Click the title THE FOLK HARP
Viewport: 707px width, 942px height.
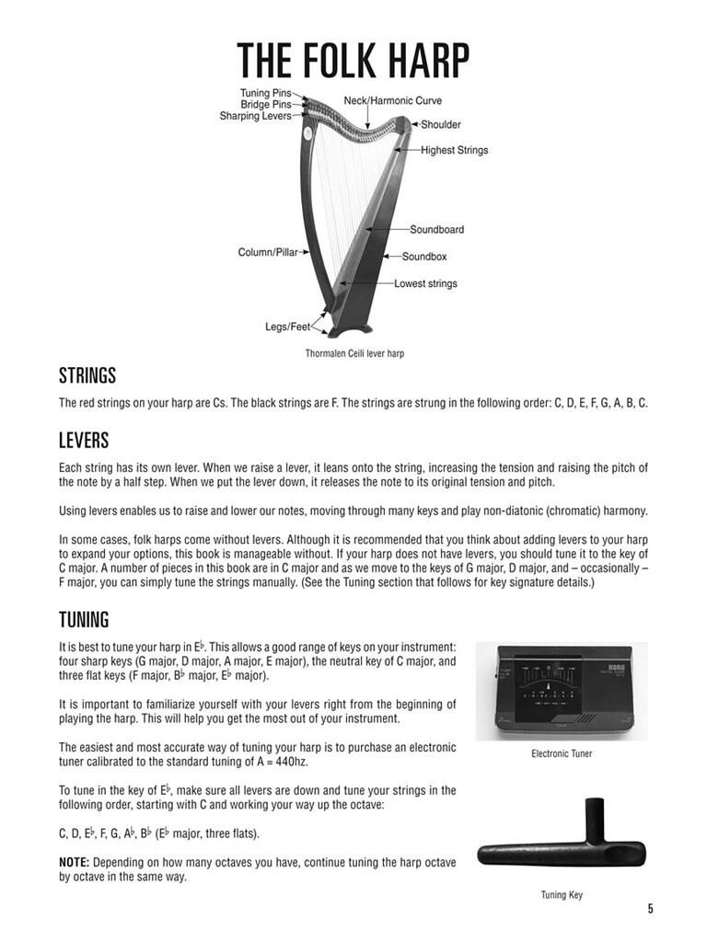point(353,61)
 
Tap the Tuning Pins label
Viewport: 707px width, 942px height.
point(267,93)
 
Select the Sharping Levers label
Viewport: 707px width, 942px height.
point(255,117)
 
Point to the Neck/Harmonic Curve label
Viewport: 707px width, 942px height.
point(393,100)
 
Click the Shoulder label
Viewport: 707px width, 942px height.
point(441,124)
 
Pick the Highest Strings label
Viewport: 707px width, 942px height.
point(455,150)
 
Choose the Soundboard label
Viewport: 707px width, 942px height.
point(436,229)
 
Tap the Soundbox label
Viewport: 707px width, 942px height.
point(423,257)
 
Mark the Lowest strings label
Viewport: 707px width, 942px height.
point(425,283)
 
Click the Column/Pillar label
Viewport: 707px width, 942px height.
point(268,252)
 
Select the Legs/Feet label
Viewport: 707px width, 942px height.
point(287,327)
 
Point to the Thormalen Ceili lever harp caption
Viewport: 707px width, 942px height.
point(354,353)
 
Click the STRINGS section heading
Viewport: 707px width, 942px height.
point(87,376)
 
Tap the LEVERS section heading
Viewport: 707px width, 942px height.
point(84,441)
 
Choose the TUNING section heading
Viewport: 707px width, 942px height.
point(84,619)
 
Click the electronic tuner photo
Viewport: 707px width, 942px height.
point(562,691)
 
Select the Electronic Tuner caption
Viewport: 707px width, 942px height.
point(562,753)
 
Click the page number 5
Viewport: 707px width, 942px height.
point(650,909)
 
